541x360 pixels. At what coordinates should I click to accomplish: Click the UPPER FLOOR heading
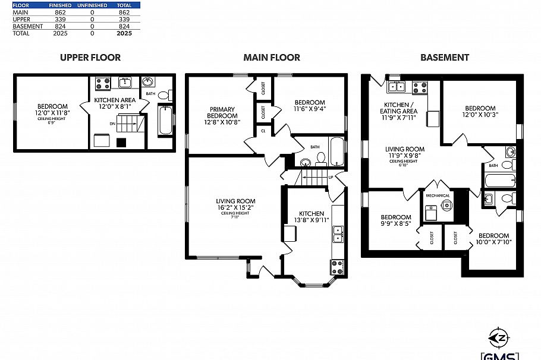[x=90, y=58]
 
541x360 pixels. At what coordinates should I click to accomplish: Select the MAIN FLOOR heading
[x=271, y=58]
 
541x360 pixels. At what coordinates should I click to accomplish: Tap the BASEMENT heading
[x=444, y=58]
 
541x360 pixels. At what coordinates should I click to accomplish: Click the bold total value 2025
[x=124, y=34]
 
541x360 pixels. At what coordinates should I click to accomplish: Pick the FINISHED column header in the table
[x=60, y=5]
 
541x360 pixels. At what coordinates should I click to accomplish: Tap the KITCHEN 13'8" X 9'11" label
[x=311, y=216]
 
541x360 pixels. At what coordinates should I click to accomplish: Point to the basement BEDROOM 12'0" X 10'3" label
[x=479, y=111]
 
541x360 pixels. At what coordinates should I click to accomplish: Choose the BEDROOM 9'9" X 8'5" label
[x=395, y=220]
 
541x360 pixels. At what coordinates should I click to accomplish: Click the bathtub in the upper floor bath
[x=165, y=120]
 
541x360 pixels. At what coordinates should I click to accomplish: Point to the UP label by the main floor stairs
[x=331, y=177]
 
